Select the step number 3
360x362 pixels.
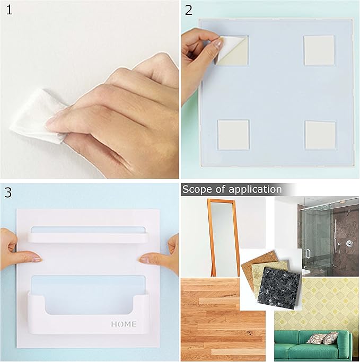coord(8,191)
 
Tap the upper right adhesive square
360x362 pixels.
coord(319,50)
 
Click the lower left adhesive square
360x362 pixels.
coord(233,135)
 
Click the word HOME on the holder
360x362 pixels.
coord(124,324)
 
